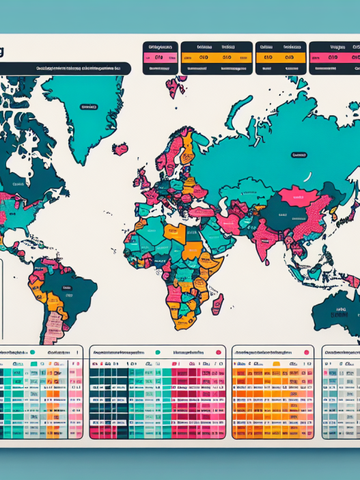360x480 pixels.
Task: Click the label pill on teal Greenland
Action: click(x=89, y=107)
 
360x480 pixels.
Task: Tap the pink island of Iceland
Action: click(x=120, y=148)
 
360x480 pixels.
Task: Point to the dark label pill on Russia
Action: click(x=299, y=155)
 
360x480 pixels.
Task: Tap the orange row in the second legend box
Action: click(x=217, y=58)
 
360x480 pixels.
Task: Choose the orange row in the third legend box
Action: click(x=280, y=58)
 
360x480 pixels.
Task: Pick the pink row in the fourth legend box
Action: click(x=334, y=58)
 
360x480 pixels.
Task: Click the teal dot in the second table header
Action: click(x=157, y=352)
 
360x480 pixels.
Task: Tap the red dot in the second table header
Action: click(x=218, y=352)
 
